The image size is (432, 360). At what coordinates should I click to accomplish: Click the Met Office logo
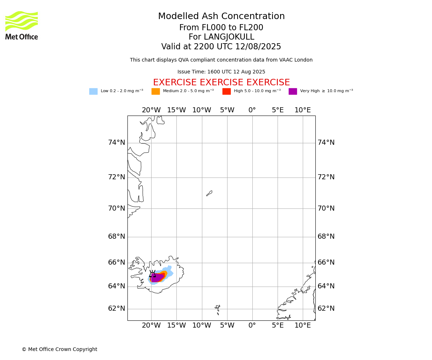click(22, 26)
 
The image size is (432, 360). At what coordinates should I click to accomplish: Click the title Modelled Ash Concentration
click(221, 16)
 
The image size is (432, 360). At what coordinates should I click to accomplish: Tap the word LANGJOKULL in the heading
click(229, 37)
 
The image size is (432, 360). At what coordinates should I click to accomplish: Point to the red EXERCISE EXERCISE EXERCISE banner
click(221, 82)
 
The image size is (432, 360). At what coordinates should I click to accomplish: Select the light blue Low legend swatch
click(93, 91)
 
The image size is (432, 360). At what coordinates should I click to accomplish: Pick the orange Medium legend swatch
click(156, 91)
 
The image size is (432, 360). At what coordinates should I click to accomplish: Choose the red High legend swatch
click(226, 91)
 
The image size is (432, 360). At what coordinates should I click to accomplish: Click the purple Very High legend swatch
click(293, 91)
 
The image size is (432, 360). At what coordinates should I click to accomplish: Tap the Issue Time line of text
click(221, 72)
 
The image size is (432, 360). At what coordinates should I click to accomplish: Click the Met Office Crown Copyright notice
click(60, 349)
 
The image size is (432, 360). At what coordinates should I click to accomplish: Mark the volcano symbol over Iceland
click(152, 274)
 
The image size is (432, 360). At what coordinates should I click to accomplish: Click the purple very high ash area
click(157, 278)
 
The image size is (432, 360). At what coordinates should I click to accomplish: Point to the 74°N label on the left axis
click(117, 142)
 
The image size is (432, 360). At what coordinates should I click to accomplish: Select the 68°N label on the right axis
click(326, 236)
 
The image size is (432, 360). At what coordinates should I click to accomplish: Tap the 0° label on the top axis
click(252, 110)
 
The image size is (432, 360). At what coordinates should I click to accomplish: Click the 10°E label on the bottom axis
click(302, 325)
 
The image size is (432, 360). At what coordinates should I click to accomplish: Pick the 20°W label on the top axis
click(151, 110)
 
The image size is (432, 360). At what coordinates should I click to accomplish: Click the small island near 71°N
click(209, 193)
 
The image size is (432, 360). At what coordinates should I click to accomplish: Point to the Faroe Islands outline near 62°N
click(217, 310)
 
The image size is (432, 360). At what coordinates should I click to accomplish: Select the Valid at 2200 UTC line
click(221, 46)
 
